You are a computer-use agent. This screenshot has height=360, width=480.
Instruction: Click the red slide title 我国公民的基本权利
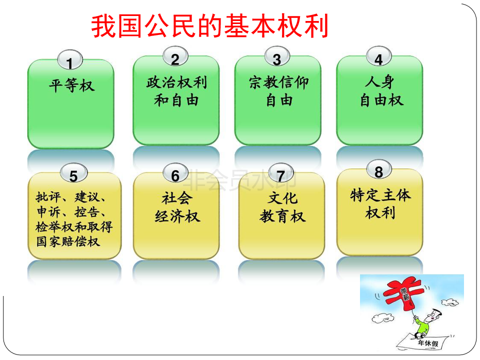209,26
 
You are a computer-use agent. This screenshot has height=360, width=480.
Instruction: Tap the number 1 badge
70,59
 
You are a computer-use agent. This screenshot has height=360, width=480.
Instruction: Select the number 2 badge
175,56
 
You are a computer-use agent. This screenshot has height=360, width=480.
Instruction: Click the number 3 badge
277,56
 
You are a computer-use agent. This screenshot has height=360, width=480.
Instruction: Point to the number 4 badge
378,56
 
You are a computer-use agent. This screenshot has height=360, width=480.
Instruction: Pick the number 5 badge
74,173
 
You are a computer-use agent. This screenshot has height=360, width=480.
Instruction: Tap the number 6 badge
175,173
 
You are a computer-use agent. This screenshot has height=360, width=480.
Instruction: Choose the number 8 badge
378,169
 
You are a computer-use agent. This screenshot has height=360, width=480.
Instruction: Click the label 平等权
71,85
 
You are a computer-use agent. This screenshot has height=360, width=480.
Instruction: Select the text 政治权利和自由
176,91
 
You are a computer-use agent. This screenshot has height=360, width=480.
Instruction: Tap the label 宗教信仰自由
278,91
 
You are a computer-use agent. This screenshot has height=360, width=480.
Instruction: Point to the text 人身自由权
381,91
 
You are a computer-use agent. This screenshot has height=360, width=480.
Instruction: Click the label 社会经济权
177,207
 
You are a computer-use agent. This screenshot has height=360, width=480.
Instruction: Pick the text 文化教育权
282,207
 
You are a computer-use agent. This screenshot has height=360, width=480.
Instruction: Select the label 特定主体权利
380,204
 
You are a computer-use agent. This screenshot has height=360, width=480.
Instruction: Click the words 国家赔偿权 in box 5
68,241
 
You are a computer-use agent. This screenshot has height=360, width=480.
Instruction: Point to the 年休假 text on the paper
428,343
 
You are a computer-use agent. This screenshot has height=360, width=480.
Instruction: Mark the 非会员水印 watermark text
240,180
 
